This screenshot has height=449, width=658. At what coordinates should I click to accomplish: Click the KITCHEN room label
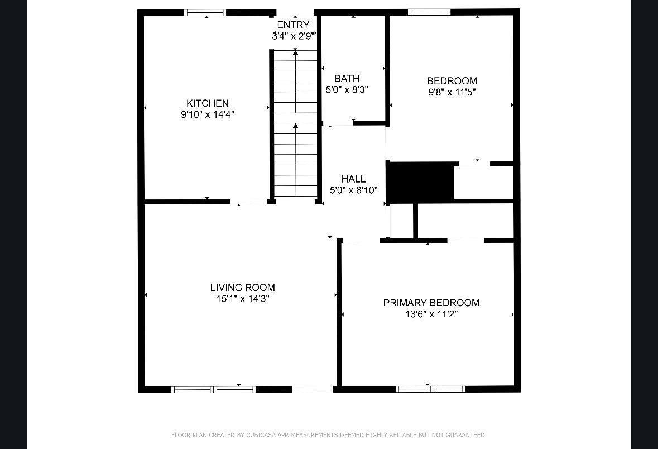pyautogui.click(x=207, y=103)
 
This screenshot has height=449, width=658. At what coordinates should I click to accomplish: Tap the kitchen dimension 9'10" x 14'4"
pyautogui.click(x=207, y=114)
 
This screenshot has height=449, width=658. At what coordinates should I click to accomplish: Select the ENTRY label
pyautogui.click(x=293, y=25)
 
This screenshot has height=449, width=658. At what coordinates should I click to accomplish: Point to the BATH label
pyautogui.click(x=347, y=78)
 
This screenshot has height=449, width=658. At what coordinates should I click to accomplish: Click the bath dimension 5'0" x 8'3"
pyautogui.click(x=347, y=89)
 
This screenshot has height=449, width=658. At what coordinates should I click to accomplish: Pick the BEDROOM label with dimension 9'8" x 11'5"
pyautogui.click(x=452, y=80)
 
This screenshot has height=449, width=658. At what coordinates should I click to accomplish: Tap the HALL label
pyautogui.click(x=353, y=179)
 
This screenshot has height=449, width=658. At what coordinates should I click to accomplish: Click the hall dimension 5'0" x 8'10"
pyautogui.click(x=353, y=190)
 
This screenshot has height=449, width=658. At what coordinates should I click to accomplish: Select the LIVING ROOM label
pyautogui.click(x=243, y=287)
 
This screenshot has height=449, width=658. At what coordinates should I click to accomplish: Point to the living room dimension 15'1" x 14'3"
pyautogui.click(x=243, y=299)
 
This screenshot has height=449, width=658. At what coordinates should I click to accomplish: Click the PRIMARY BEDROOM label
pyautogui.click(x=431, y=303)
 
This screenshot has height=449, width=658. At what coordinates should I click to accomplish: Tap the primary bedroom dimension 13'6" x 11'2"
pyautogui.click(x=431, y=314)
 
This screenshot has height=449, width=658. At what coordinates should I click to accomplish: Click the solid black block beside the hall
pyautogui.click(x=420, y=181)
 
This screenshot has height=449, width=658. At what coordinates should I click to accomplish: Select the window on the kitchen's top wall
pyautogui.click(x=205, y=13)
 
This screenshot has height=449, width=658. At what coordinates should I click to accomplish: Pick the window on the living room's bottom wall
pyautogui.click(x=214, y=389)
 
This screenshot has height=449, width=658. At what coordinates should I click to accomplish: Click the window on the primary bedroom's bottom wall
pyautogui.click(x=430, y=389)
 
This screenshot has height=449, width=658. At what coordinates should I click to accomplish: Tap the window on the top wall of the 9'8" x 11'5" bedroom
pyautogui.click(x=429, y=12)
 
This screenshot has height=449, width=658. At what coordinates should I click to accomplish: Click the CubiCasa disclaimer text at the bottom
pyautogui.click(x=329, y=435)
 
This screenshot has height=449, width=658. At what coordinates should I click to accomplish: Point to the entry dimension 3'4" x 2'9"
pyautogui.click(x=293, y=36)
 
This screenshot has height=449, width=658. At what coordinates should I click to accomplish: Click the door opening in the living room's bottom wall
pyautogui.click(x=313, y=389)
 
